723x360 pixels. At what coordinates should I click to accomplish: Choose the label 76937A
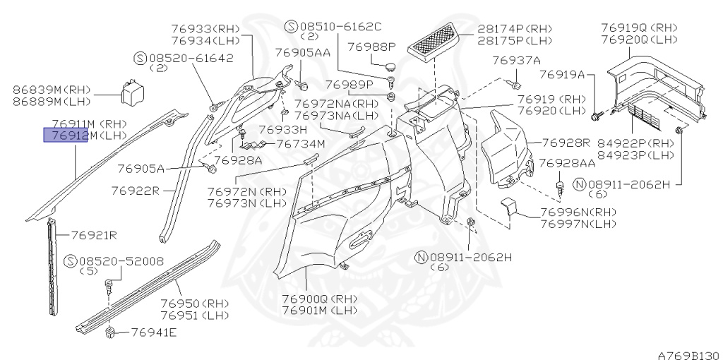(516, 60)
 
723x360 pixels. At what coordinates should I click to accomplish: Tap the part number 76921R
(92, 235)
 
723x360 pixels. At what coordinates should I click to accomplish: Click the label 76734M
(300, 144)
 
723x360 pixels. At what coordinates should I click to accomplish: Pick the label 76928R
(566, 143)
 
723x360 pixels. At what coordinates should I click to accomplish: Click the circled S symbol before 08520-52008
(70, 261)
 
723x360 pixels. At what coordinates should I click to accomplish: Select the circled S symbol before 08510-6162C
(291, 27)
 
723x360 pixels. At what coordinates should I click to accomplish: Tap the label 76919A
(561, 74)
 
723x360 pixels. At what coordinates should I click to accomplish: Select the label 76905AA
(302, 53)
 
